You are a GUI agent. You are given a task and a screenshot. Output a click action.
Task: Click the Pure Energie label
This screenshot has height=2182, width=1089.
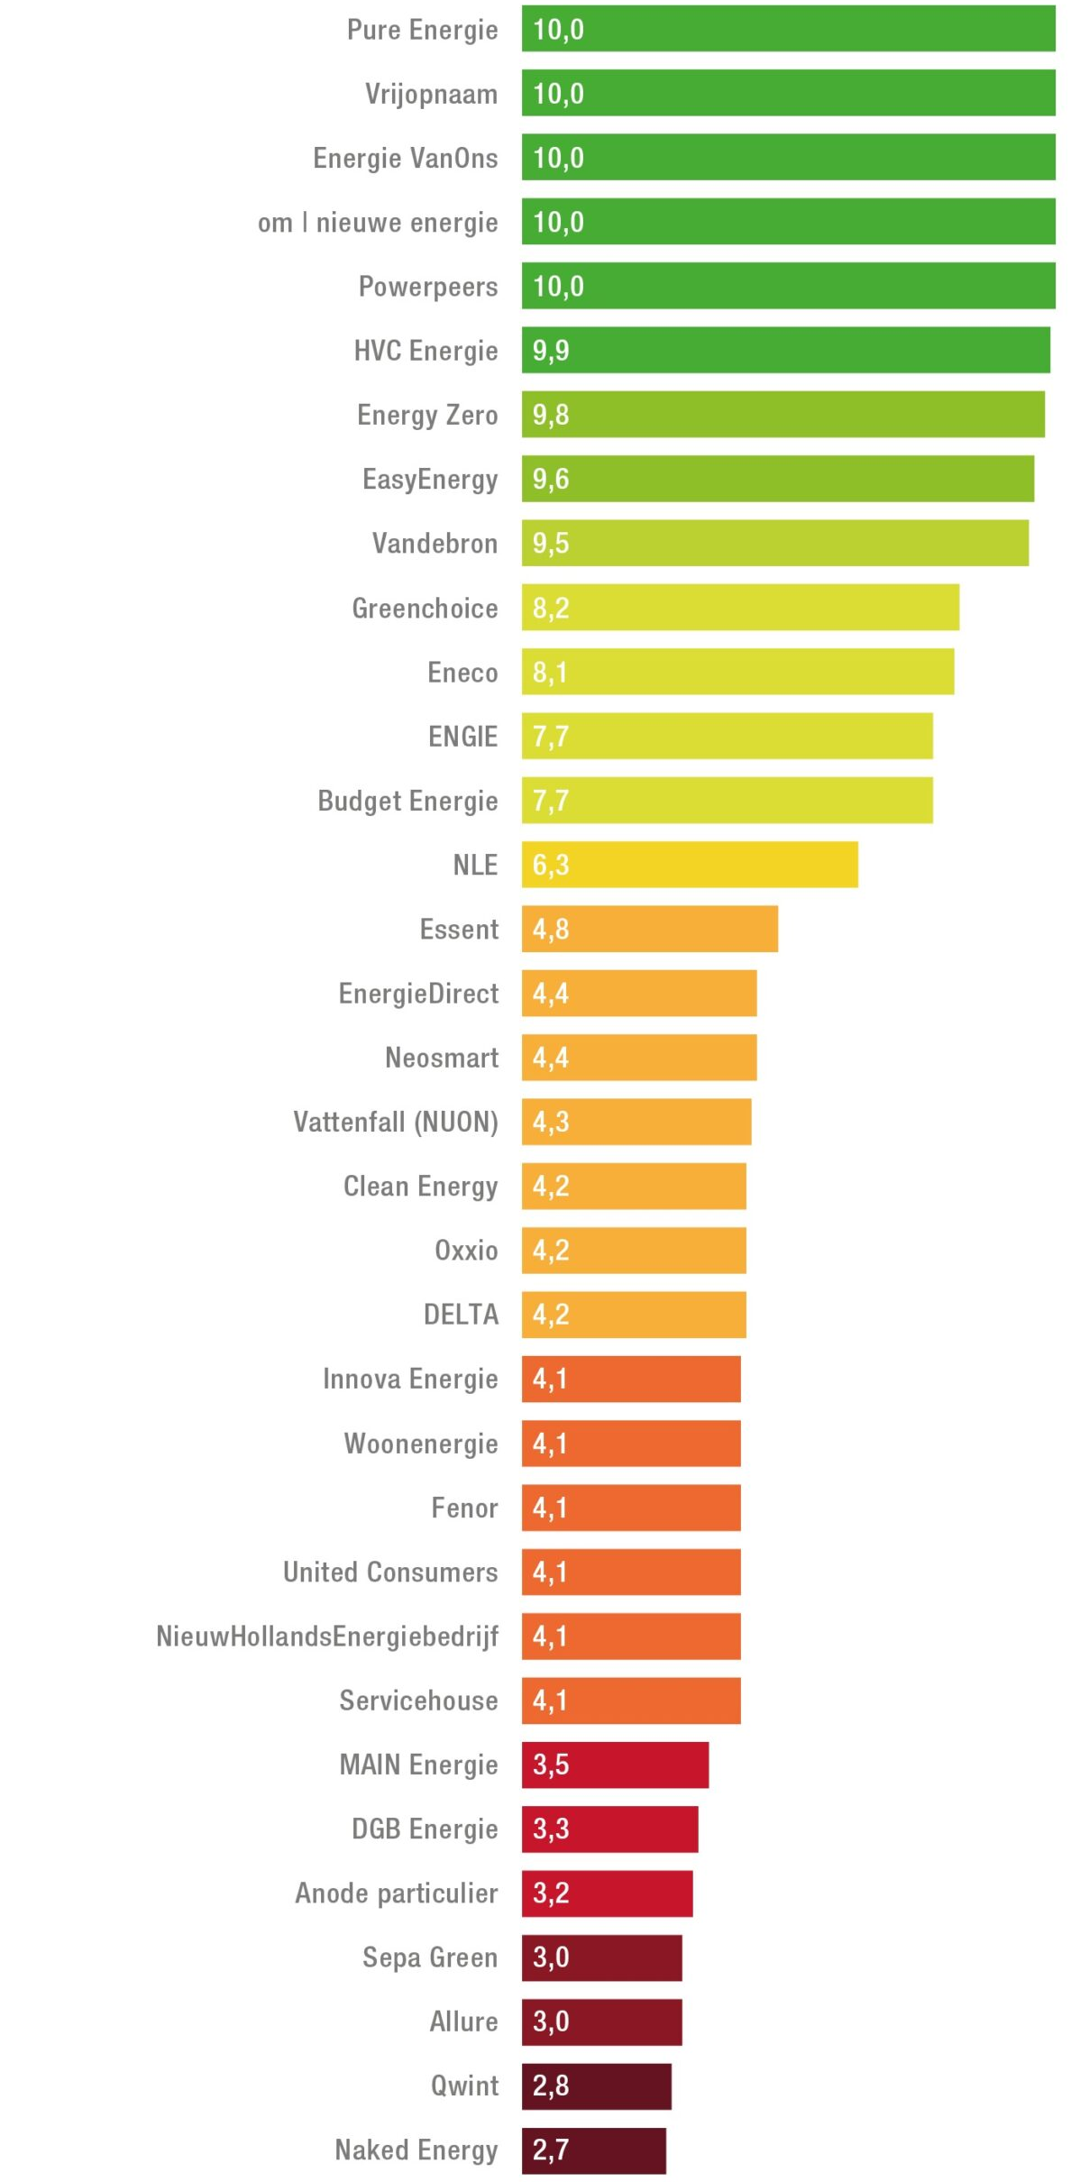[422, 30]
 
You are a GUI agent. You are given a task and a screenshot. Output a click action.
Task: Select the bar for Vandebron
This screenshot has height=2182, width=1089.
[774, 543]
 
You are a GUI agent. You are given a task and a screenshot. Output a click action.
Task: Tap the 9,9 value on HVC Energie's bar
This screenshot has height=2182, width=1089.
[551, 351]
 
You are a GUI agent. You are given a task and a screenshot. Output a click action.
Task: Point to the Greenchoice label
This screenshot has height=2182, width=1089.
[425, 608]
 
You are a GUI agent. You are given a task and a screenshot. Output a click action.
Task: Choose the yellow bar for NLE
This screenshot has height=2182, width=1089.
[690, 865]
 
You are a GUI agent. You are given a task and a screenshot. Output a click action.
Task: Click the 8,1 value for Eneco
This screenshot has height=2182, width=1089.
[550, 672]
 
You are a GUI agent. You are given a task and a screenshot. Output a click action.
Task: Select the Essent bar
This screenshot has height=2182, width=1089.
[649, 929]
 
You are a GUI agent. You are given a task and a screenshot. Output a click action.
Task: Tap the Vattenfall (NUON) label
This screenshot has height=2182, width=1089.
[396, 1122]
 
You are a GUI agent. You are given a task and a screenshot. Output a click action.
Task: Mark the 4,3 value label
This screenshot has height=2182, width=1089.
[551, 1122]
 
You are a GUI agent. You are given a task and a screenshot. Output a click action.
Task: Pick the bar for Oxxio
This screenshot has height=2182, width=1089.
[634, 1250]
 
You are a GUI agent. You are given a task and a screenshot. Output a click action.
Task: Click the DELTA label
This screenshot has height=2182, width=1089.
[461, 1315]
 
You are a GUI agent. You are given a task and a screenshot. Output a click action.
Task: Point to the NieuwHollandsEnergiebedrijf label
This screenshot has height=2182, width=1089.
[327, 1636]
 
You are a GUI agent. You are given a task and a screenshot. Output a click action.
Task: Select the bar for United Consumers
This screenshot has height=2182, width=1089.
[631, 1572]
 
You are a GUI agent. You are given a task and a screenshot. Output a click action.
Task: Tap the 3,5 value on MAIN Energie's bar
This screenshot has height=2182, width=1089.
[551, 1764]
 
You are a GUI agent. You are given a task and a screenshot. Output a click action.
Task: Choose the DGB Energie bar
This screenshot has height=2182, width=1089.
[609, 1829]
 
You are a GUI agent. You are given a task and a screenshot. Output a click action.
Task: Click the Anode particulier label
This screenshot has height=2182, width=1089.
[397, 1893]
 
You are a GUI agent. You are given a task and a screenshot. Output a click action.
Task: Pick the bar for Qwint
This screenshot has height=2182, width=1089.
[596, 2086]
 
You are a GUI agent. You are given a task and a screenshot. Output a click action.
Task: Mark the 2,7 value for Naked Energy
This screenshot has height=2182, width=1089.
[551, 2150]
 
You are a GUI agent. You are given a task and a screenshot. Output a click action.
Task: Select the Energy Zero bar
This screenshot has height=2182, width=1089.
[782, 415]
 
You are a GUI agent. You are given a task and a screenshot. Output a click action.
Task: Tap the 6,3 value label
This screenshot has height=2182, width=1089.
[551, 865]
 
